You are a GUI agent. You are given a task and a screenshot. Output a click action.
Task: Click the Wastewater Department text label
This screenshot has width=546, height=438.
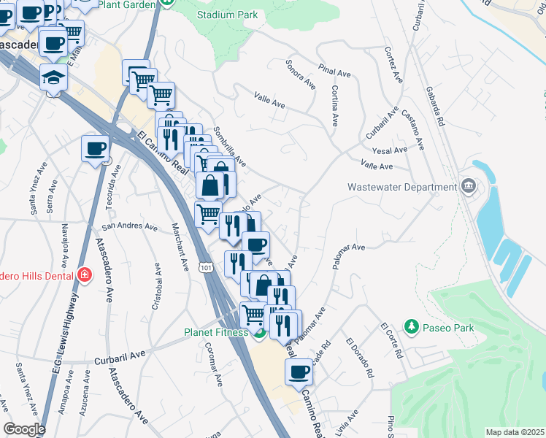click(401, 187)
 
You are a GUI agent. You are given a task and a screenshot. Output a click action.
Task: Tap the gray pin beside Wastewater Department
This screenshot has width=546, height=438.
click(469, 187)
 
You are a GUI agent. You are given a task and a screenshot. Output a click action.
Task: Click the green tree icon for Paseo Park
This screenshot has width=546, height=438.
click(411, 326)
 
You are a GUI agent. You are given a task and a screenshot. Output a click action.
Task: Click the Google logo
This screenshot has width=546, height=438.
click(23, 429)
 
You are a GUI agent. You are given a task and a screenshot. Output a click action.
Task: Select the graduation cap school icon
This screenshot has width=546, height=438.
click(53, 77)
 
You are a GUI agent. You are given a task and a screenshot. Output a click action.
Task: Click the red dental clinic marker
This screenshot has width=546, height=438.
click(85, 275)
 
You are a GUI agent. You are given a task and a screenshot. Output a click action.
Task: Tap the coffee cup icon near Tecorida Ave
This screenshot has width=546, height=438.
click(96, 150)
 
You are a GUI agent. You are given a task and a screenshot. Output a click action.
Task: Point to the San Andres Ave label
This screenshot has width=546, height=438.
click(129, 227)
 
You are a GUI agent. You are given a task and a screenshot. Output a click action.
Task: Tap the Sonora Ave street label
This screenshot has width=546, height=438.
click(301, 74)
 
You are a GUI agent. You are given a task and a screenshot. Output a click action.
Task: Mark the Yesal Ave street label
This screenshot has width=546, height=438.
click(389, 150)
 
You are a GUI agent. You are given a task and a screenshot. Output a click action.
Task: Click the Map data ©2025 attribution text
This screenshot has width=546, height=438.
click(514, 432)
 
